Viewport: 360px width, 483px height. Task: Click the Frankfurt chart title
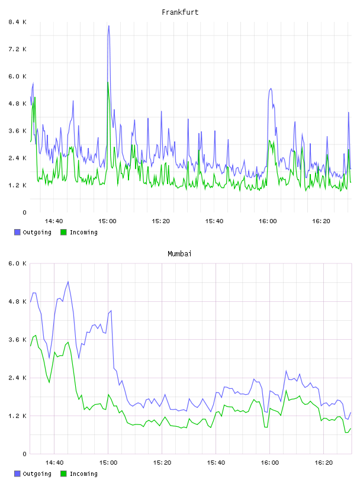(180, 12)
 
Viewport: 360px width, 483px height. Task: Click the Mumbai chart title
(179, 254)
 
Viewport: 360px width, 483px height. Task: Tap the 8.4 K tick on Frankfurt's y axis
(18, 22)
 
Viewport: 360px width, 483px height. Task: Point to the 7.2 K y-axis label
(18, 49)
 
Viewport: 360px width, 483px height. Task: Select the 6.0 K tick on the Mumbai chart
(18, 263)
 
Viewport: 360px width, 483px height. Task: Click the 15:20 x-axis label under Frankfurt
(160, 221)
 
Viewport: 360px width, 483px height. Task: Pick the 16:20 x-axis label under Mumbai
(323, 463)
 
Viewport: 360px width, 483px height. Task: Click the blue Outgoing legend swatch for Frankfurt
(17, 232)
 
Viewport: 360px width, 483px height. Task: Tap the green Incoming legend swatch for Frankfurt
(63, 232)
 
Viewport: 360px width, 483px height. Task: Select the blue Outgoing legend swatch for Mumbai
(17, 474)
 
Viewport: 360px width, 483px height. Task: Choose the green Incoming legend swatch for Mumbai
(63, 474)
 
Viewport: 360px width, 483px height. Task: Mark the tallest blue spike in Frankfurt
(108, 26)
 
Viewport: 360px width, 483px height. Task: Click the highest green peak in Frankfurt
(108, 82)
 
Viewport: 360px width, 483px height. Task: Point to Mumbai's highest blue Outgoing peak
(68, 282)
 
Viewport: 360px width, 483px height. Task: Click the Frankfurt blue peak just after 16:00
(271, 89)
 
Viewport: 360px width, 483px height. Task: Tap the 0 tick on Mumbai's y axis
(24, 454)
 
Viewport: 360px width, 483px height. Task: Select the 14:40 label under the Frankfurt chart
(54, 221)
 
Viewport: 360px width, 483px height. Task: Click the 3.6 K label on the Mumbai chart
(18, 340)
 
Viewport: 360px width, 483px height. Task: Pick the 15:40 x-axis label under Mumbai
(216, 463)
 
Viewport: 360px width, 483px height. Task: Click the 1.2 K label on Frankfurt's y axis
(18, 185)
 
